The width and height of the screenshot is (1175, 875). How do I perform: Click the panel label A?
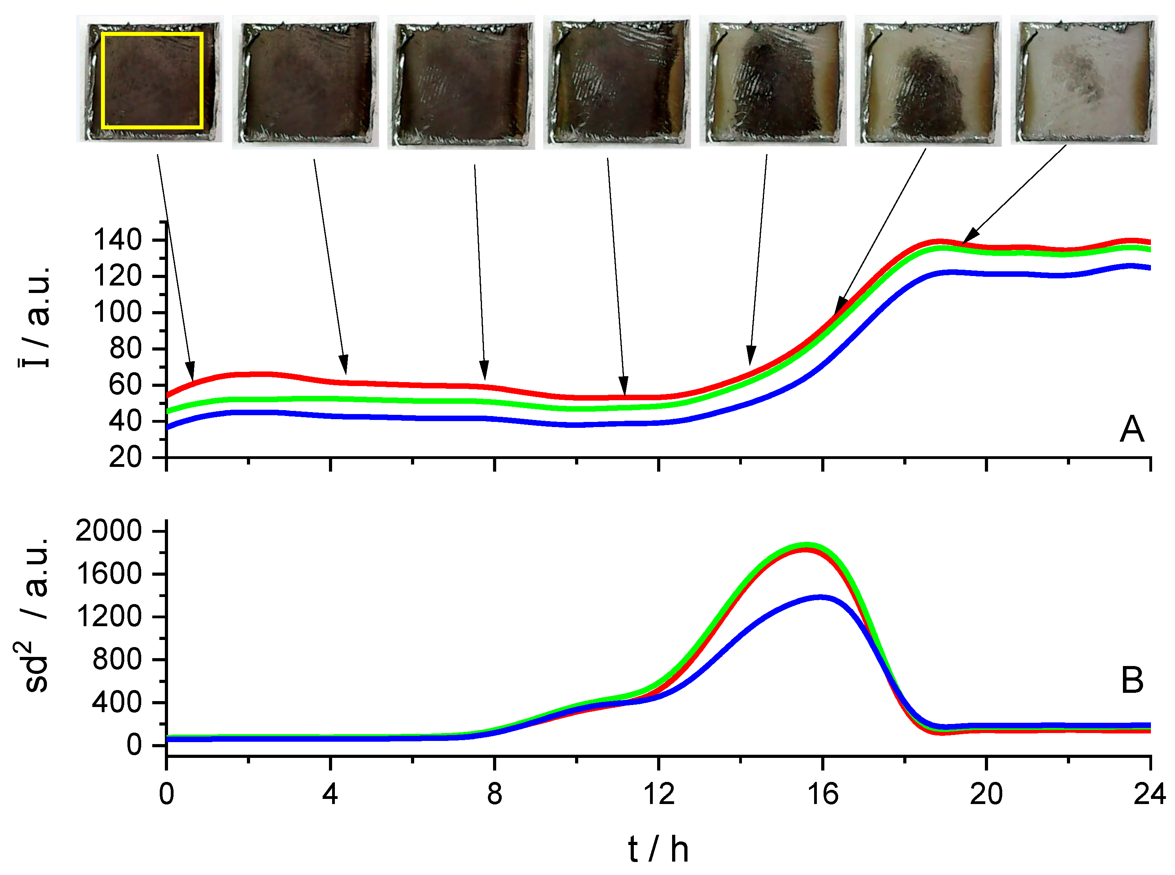coord(1132,429)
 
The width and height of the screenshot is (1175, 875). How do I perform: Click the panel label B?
coord(1132,680)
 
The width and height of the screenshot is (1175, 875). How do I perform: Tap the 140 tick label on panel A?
coord(118,240)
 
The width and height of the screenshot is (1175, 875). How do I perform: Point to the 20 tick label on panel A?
coord(125,457)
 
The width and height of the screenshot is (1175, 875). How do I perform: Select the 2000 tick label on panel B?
coord(108,531)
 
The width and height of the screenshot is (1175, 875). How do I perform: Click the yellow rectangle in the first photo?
coord(152,34)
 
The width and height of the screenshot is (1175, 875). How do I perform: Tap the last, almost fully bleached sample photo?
coord(1083,79)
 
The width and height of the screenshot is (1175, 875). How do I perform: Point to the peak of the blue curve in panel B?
coord(820,597)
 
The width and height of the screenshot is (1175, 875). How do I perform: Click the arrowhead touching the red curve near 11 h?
coord(624,387)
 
